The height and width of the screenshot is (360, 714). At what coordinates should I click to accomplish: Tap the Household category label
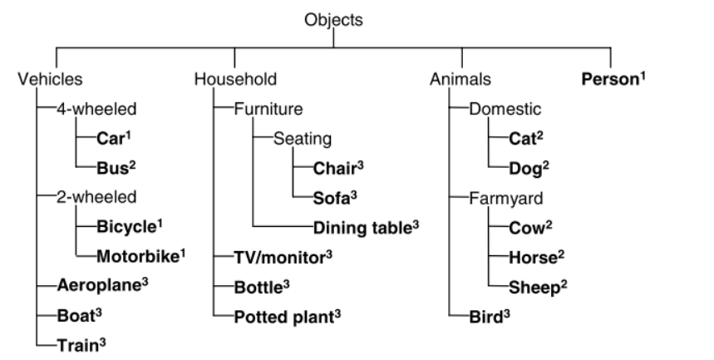pos(235,80)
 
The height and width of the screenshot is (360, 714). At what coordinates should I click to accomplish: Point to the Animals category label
pos(460,80)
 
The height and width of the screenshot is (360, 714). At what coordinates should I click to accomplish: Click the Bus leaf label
pos(112,166)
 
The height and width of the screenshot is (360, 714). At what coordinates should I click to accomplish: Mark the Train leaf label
pos(76,343)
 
